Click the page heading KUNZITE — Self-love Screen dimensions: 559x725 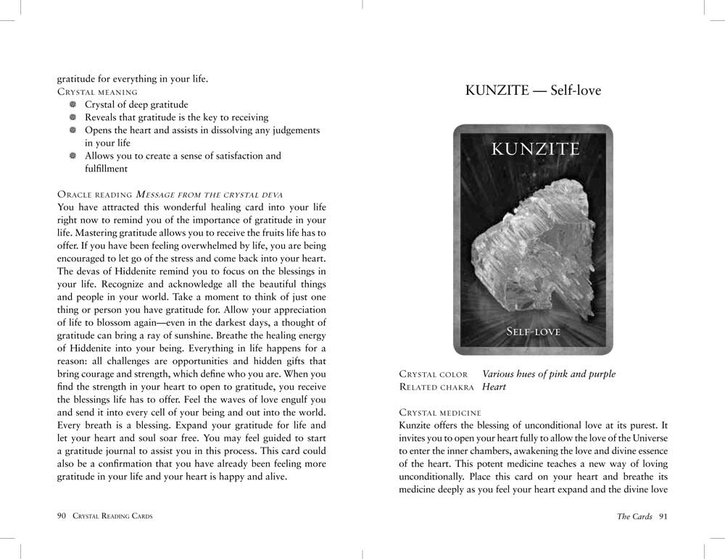(x=533, y=91)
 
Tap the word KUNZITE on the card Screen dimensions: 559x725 (x=535, y=150)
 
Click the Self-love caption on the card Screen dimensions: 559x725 (x=534, y=332)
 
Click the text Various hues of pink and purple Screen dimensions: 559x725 (x=549, y=374)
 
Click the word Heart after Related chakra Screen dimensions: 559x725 (x=494, y=387)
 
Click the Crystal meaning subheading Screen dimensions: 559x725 (x=97, y=93)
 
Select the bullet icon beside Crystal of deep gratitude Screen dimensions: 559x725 (x=73, y=105)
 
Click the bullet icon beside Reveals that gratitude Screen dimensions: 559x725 (x=73, y=117)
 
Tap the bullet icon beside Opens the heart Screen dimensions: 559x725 (x=73, y=130)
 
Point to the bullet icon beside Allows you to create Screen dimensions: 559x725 (x=73, y=156)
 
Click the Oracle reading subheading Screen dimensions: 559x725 (x=94, y=194)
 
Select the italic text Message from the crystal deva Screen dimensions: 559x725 (x=209, y=194)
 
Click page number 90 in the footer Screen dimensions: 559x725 (x=61, y=516)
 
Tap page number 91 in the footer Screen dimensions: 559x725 (x=663, y=516)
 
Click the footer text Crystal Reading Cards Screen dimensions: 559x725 (x=112, y=516)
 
